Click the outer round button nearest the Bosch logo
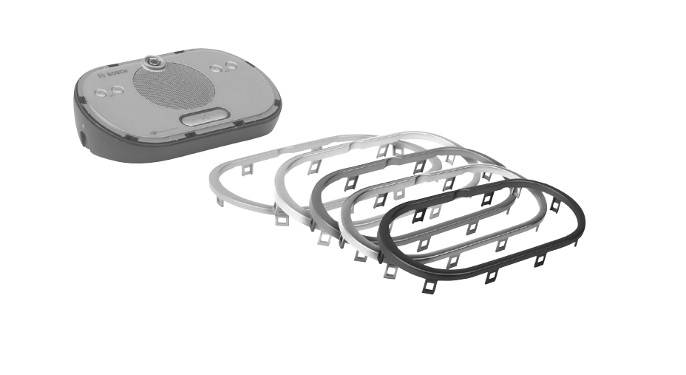coord(101,92)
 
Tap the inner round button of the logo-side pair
coord(118,89)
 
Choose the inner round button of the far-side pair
coord(215,69)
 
